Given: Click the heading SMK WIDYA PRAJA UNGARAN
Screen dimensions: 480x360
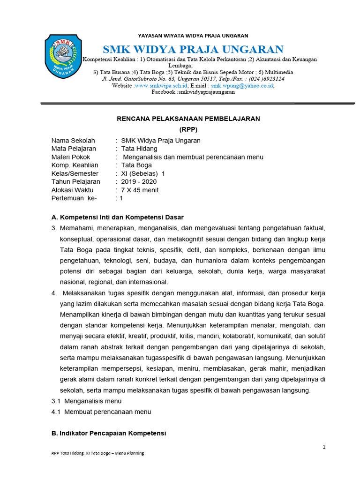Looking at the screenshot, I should click(x=193, y=49).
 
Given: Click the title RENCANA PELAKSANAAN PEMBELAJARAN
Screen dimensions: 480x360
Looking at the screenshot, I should click(x=188, y=119).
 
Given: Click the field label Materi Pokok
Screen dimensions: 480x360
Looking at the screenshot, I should click(x=71, y=157).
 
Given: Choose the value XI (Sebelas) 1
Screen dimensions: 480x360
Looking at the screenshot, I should click(x=143, y=173).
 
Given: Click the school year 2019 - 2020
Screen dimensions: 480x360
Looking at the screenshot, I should click(x=139, y=181).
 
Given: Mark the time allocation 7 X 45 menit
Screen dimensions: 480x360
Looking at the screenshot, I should click(x=140, y=190).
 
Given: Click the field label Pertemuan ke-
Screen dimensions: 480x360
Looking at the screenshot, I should click(x=74, y=198).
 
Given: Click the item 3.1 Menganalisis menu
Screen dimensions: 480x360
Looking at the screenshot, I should click(x=86, y=401).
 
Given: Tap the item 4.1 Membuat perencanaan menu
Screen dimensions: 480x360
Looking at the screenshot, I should click(x=101, y=412).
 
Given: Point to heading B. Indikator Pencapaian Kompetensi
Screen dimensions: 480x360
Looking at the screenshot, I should click(x=109, y=434).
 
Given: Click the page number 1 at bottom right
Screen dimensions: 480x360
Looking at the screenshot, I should click(x=324, y=447).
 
